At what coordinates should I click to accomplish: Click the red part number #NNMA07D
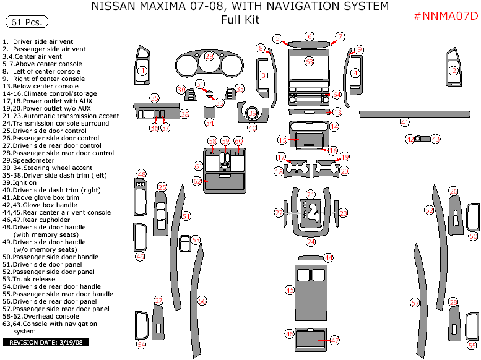pyautogui.click(x=445, y=15)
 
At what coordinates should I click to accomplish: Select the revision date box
pyautogui.click(x=47, y=342)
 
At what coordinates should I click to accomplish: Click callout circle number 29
pyautogui.click(x=209, y=56)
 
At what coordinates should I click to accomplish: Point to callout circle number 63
pyautogui.click(x=309, y=61)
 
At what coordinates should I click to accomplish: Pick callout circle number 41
pyautogui.click(x=404, y=122)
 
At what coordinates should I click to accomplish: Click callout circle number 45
pyautogui.click(x=290, y=289)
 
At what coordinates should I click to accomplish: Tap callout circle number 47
pyautogui.click(x=334, y=340)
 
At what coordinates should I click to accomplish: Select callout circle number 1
pyautogui.click(x=142, y=71)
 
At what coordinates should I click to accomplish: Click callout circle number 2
pyautogui.click(x=453, y=71)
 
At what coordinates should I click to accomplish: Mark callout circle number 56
pyautogui.click(x=202, y=301)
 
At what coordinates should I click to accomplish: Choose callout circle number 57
pyautogui.click(x=415, y=302)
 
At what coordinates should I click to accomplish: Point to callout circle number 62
pyautogui.click(x=197, y=181)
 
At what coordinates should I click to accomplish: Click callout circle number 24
pyautogui.click(x=310, y=242)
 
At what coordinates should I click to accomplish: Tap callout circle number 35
pyautogui.click(x=154, y=98)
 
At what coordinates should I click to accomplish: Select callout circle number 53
pyautogui.click(x=196, y=239)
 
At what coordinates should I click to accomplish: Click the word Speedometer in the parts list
pyautogui.click(x=35, y=160)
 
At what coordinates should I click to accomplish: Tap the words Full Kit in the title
pyautogui.click(x=240, y=20)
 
